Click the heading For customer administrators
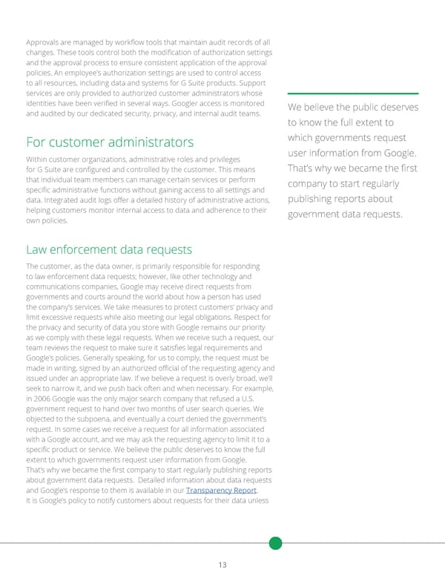click(x=110, y=142)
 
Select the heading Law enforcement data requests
click(x=109, y=249)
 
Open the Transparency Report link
click(x=220, y=490)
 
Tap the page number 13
click(x=222, y=564)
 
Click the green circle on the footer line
click(x=275, y=543)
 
